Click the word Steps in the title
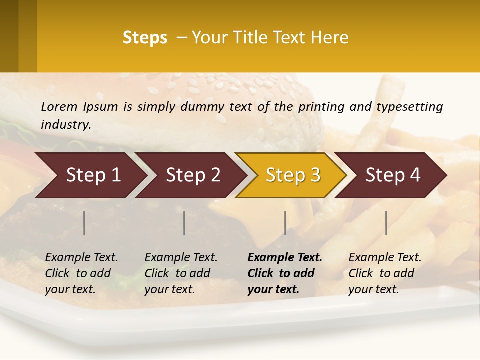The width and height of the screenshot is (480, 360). tap(145, 38)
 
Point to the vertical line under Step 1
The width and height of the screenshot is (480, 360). tap(84, 223)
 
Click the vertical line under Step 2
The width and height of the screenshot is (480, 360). tap(184, 223)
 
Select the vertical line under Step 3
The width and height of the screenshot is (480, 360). tap(285, 223)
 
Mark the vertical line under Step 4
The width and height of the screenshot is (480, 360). tap(386, 223)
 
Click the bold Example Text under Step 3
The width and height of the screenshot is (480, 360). tap(285, 258)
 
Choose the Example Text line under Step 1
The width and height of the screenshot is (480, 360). tap(81, 258)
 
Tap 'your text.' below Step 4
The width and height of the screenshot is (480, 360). tap(373, 290)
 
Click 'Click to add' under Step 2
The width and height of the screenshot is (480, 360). tap(177, 274)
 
